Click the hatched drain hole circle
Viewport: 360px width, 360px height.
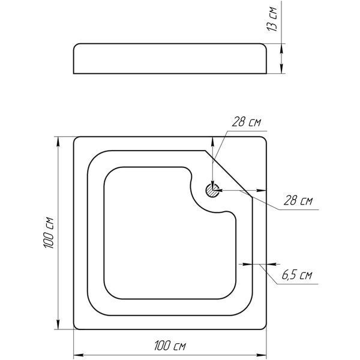(x=212, y=190)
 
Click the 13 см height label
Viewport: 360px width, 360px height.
(x=272, y=19)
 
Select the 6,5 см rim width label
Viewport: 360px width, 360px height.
(x=297, y=275)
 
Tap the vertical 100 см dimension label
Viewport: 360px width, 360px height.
(x=49, y=233)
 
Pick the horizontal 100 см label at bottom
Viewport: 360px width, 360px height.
(x=170, y=346)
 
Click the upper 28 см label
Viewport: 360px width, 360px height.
(x=247, y=122)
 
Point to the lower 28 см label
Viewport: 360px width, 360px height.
(x=298, y=200)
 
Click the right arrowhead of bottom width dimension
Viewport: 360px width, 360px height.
(x=261, y=355)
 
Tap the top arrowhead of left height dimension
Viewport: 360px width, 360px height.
(x=58, y=142)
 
